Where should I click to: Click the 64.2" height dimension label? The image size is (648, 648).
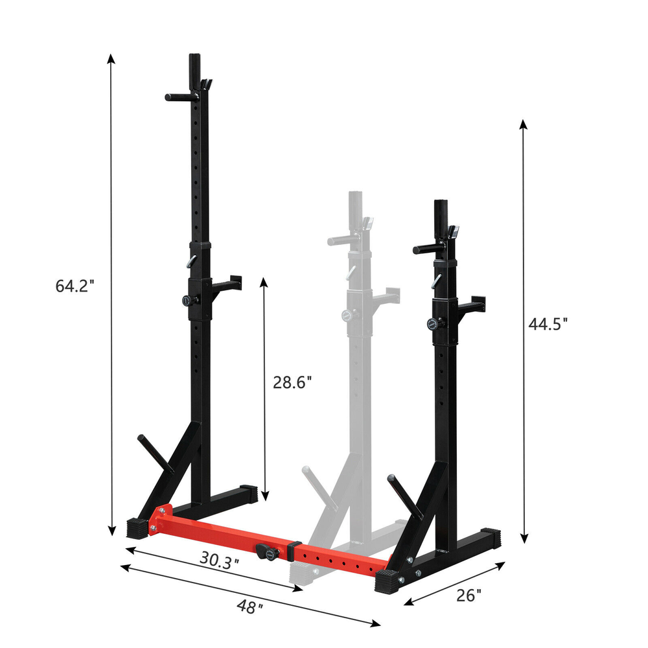point(75,286)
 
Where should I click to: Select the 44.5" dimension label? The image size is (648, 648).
point(548,324)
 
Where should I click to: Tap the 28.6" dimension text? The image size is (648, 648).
point(292,382)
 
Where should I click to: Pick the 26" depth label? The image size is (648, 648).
point(469,594)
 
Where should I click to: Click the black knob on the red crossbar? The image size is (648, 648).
point(267,552)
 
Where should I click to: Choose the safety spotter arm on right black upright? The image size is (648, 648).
point(473,301)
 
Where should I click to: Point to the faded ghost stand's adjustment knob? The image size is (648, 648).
point(347,316)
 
